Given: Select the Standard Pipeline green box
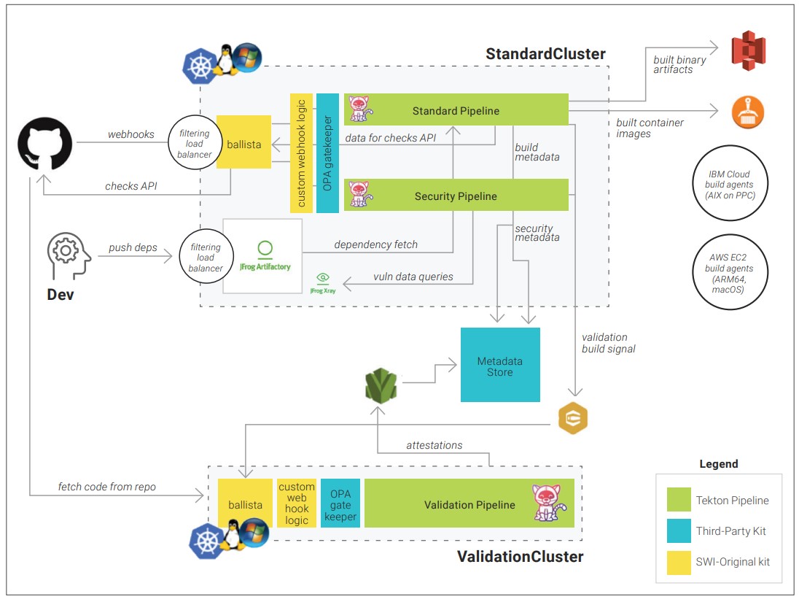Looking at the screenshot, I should pos(456,111).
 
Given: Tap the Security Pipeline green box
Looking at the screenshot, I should pos(456,196).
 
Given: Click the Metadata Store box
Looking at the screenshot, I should pos(500,365).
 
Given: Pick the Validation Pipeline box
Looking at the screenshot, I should pos(469,504).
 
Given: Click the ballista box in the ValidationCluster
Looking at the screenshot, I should pos(244,504).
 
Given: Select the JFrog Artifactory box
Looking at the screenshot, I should pos(262,256).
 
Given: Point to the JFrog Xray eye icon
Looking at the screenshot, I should pos(322,278).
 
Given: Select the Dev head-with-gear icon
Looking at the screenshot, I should pos(68,251).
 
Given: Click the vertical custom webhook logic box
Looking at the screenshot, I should pos(301,153).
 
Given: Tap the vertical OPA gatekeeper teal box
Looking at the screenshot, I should pos(328,153).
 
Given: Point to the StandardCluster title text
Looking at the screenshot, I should pos(545,54).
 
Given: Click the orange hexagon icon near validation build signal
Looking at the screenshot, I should pos(572,419).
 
